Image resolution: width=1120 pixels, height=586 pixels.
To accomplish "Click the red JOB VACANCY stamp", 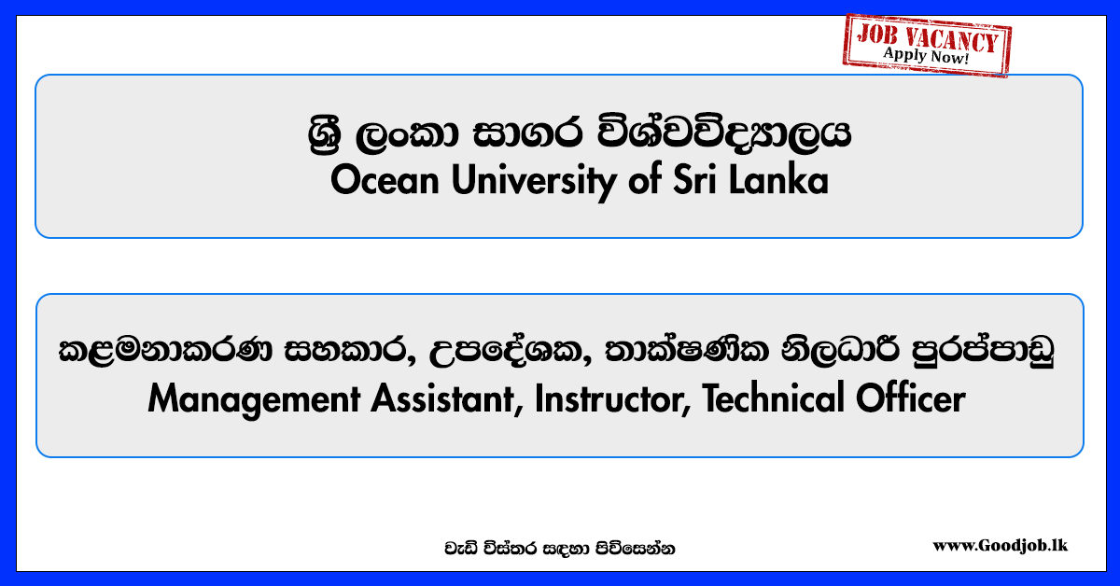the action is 927,45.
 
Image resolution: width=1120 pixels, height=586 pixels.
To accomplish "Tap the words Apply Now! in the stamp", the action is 926,55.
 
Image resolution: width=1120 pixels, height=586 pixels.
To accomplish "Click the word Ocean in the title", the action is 385,180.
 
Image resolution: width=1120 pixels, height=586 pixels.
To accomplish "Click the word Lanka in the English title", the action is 778,179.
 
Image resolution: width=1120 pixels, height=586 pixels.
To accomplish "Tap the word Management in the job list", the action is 254,400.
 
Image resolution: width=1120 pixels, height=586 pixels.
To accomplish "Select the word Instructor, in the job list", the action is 613,399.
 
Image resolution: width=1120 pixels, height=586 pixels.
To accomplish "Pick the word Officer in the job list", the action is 911,398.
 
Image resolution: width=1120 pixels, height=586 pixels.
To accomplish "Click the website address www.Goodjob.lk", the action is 1000,546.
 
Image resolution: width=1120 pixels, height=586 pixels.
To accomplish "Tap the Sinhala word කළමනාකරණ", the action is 165,350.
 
